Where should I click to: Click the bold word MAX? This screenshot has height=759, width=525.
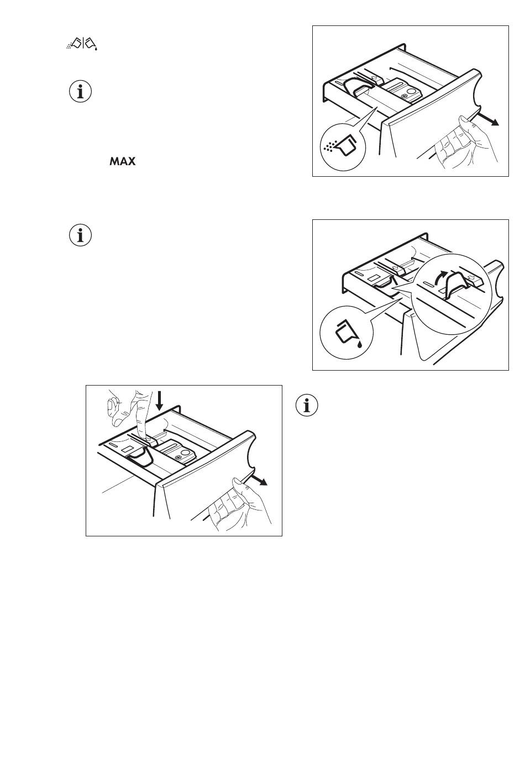coord(123,161)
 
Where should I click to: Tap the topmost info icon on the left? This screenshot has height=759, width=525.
coord(80,91)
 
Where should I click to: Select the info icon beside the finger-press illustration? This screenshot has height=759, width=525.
coord(307,405)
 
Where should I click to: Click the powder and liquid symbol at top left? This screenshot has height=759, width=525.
coord(82,44)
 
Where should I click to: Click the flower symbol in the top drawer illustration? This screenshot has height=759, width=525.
coord(404,97)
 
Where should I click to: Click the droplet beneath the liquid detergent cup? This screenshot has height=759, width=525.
coord(359,344)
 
